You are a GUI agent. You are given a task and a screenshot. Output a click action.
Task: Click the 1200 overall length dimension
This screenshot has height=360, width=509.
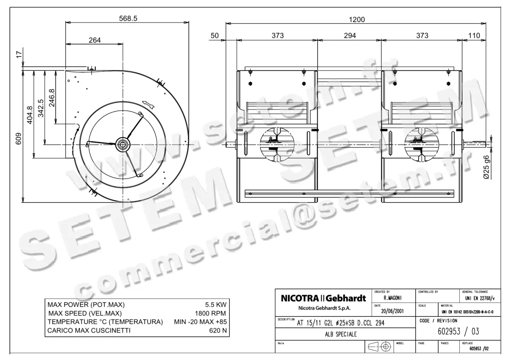click(356, 20)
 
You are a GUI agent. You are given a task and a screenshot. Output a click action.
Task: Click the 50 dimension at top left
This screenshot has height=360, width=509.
click(215, 36)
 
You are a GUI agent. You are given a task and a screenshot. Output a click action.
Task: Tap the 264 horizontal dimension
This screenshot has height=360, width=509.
click(95, 40)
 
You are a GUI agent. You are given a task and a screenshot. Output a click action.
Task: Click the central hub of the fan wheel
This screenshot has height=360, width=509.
click(123, 144)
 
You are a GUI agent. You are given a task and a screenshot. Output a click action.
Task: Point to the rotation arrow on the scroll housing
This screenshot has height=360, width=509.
click(147, 103)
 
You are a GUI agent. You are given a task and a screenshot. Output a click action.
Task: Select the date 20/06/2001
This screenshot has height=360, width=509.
click(393, 310)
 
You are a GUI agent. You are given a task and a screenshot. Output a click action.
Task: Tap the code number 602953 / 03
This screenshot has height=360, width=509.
click(453, 332)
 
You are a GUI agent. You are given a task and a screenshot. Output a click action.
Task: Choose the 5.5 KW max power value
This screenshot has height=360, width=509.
click(215, 305)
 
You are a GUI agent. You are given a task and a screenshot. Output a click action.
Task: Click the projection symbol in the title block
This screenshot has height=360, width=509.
click(379, 346)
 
